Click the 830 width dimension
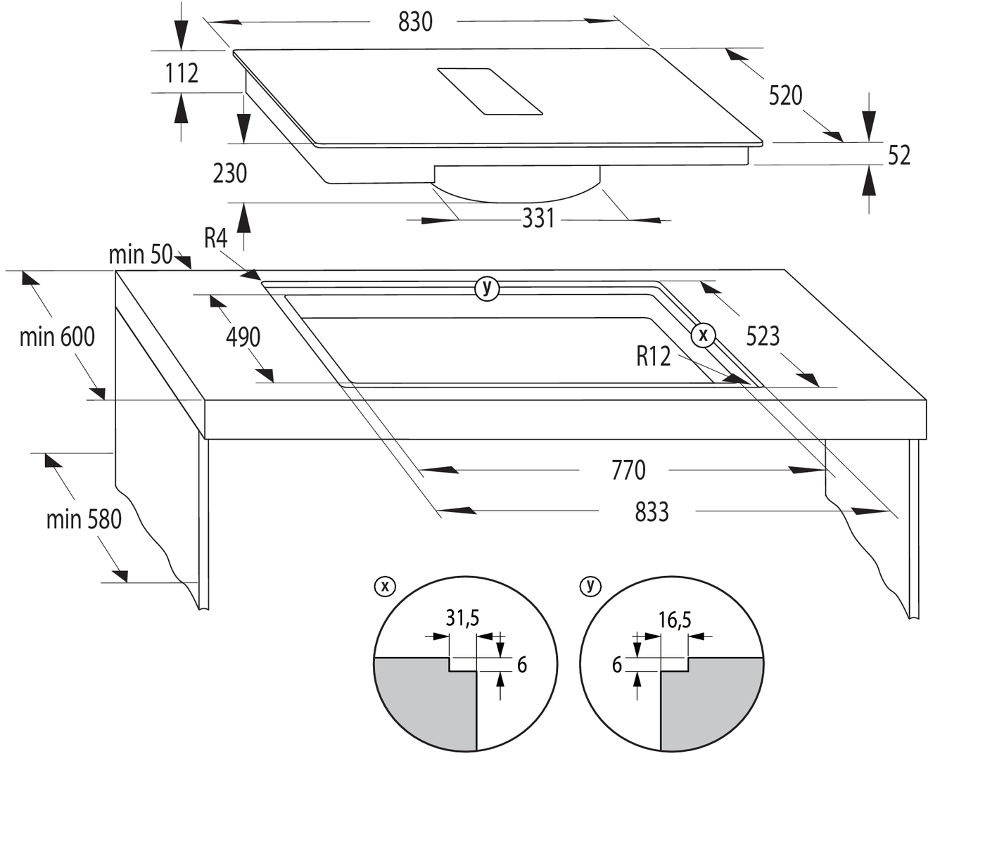pos(414,22)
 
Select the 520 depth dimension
pos(785,95)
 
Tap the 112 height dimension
pos(182,73)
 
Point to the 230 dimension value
pos(230,173)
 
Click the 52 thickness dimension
pos(898,155)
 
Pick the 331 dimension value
pos(538,219)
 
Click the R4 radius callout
pos(216,238)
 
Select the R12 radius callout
pos(654,356)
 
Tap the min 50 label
pos(141,255)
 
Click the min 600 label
pos(57,337)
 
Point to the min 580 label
pos(84,520)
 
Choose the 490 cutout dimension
pos(243,338)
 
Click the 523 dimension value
pos(763,336)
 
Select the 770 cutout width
pos(628,470)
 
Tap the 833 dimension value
pos(652,512)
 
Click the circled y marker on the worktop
pos(487,288)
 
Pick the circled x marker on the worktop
pos(703,335)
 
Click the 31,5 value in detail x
pos(462,618)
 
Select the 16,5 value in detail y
pos(675,620)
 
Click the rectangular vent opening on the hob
pos(490,91)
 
